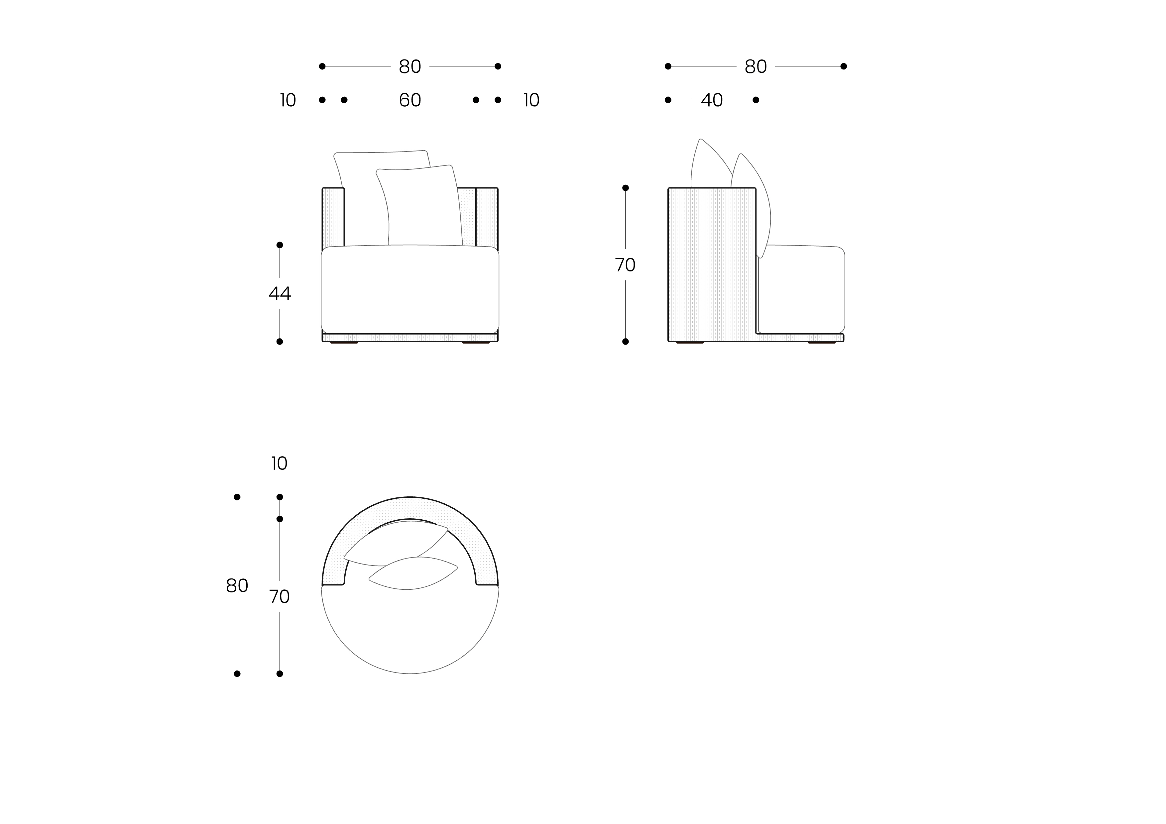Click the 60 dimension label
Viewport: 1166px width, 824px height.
(x=410, y=100)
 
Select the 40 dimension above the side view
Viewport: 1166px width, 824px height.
(x=712, y=100)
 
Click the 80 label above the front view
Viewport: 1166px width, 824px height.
(x=410, y=66)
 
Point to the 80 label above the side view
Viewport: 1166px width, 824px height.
(x=756, y=66)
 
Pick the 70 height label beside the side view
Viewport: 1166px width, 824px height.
(x=625, y=265)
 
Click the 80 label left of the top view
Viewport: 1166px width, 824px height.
(x=237, y=586)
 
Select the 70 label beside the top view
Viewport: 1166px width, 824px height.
(x=279, y=596)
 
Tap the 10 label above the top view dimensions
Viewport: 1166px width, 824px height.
(x=279, y=463)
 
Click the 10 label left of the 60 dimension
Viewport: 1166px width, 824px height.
(x=288, y=100)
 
